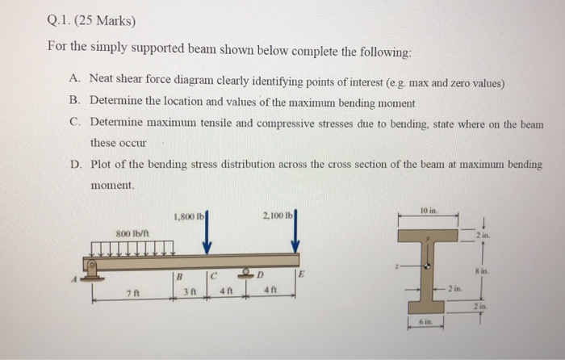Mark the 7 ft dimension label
pyautogui.click(x=131, y=304)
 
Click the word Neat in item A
pyautogui.click(x=103, y=82)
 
